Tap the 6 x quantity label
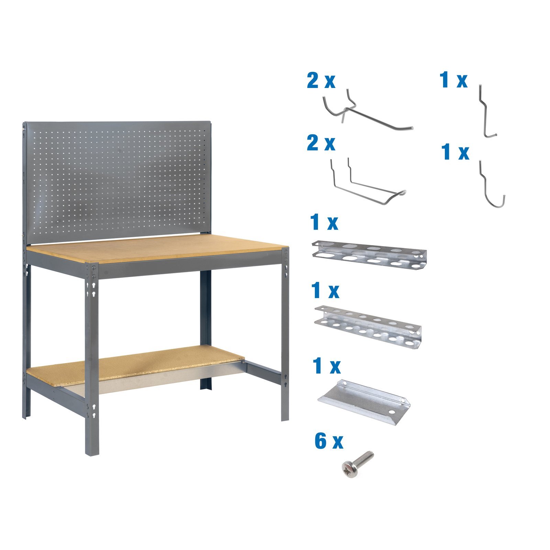pyautogui.click(x=329, y=441)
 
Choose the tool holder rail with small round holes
pyautogui.click(x=368, y=327)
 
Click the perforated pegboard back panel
pyautogui.click(x=117, y=179)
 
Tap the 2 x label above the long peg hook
pyautogui.click(x=321, y=81)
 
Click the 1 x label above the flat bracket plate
pyautogui.click(x=326, y=366)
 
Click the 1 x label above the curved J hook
pyautogui.click(x=455, y=153)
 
